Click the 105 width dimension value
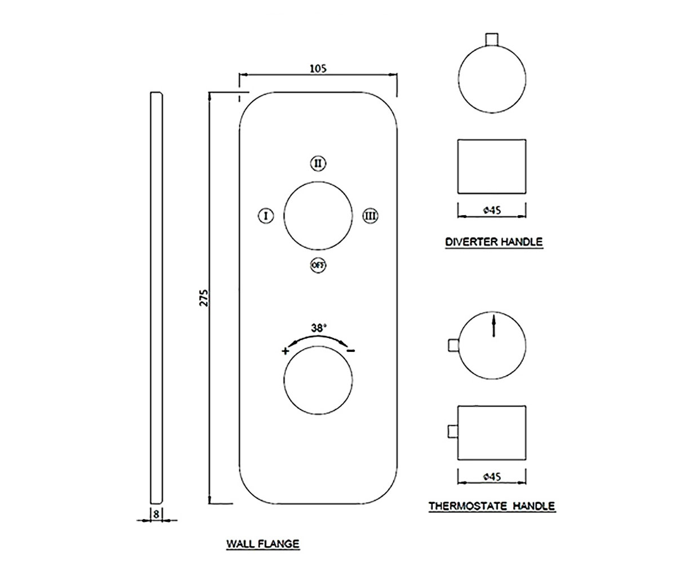(x=318, y=69)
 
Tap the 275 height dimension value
(x=203, y=298)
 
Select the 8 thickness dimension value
(x=157, y=514)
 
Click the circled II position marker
(x=318, y=163)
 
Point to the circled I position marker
(x=266, y=216)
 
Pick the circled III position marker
(x=370, y=216)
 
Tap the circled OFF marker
(x=318, y=265)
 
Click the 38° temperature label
(x=319, y=328)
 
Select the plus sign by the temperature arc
(x=285, y=351)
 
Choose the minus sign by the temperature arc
(x=352, y=351)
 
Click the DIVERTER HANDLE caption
(x=494, y=242)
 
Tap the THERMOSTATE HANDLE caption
(x=492, y=506)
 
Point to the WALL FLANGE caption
(x=263, y=544)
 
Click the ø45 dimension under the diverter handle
(x=492, y=211)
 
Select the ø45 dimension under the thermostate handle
(x=492, y=477)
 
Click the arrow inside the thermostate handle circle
(x=493, y=326)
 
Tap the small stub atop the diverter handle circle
(x=492, y=39)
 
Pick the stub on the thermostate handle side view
(x=453, y=432)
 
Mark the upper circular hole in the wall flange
(x=318, y=216)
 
